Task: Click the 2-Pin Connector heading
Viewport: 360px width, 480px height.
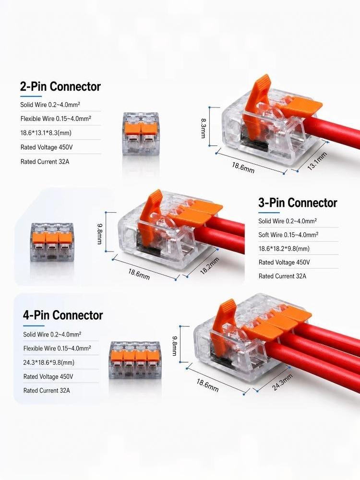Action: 60,86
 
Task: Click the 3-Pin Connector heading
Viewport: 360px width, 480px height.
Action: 298,203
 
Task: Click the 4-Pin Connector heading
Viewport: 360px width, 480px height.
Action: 63,315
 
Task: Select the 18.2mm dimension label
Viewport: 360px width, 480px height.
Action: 210,266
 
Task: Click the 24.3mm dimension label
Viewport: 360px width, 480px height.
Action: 282,382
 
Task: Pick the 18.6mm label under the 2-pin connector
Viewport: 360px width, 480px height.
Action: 243,168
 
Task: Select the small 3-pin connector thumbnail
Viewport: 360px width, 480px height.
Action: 52,242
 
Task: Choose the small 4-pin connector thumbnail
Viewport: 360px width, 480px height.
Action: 135,361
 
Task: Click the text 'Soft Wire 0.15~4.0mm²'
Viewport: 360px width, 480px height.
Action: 288,235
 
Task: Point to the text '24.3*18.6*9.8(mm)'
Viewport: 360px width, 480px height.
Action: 49,362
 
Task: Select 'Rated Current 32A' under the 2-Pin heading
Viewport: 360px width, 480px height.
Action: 45,162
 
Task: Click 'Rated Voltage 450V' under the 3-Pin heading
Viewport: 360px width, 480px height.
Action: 284,263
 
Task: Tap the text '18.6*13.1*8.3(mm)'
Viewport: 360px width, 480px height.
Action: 46,133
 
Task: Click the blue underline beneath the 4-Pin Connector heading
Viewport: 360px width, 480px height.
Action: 34,326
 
